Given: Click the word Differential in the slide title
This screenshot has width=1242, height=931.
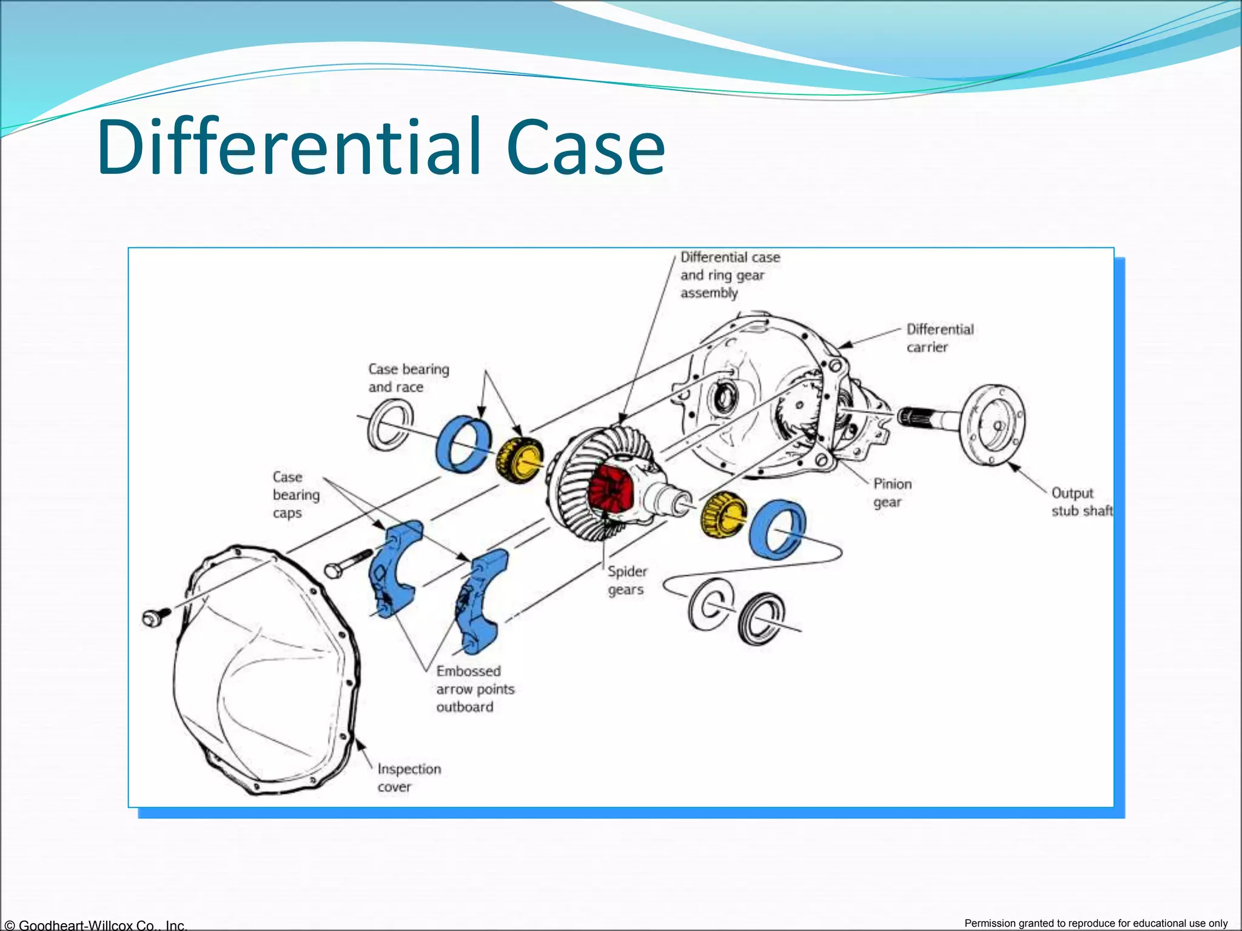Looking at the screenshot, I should tap(289, 147).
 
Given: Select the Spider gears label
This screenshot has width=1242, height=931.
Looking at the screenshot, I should tap(627, 580).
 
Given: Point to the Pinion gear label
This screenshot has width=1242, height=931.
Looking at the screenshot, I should tap(892, 493).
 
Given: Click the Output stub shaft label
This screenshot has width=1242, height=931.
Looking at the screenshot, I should tap(1081, 502).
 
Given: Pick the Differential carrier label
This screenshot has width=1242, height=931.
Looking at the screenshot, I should tap(939, 338).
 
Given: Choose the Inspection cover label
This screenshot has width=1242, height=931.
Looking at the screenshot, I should tap(409, 778).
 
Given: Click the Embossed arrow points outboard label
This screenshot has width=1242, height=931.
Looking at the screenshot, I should tap(475, 689).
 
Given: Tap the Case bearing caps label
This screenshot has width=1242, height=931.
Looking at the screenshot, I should tap(295, 495).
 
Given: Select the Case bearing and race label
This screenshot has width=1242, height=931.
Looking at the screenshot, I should tap(408, 378).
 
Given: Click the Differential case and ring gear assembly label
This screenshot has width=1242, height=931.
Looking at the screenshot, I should tap(730, 275).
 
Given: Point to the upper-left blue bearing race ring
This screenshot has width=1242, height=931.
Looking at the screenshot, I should tap(464, 444).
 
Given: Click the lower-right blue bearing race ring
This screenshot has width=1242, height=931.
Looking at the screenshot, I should tap(777, 529).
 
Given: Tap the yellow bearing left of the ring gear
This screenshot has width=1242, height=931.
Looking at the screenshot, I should tap(520, 459).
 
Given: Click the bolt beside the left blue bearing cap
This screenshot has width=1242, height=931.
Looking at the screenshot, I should tap(348, 564).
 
